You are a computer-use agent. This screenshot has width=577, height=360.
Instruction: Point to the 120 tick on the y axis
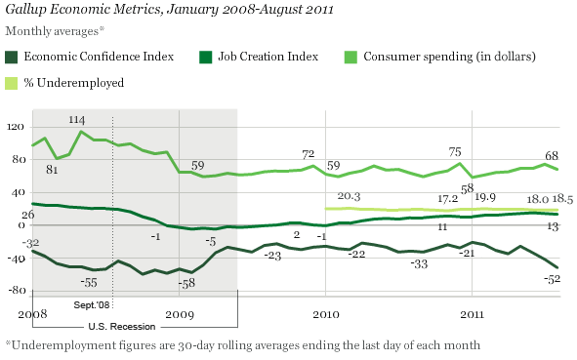tap(15, 126)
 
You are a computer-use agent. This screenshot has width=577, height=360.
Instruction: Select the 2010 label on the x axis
tap(326, 315)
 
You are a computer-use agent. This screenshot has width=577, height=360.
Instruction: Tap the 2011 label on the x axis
tap(473, 315)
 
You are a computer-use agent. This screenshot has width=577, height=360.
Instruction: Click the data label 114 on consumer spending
tap(77, 119)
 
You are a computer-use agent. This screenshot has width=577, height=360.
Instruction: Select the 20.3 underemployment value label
tap(337, 196)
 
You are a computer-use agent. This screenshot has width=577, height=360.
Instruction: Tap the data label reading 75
tap(455, 151)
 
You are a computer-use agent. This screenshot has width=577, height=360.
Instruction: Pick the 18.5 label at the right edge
tap(562, 199)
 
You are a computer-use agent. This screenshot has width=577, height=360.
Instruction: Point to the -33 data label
tap(420, 263)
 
